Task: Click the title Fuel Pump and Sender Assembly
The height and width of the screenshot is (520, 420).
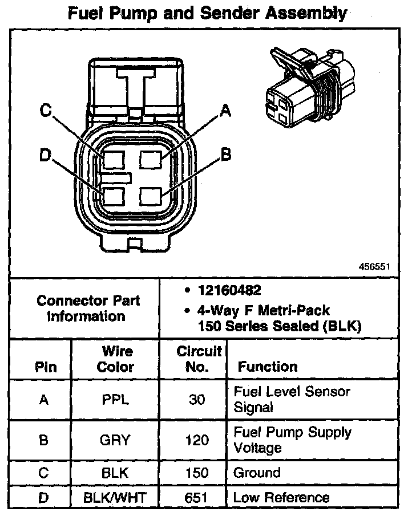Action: pos(207,14)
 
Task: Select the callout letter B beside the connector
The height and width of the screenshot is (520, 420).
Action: pos(226,155)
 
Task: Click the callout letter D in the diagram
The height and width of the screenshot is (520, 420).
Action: pos(46,155)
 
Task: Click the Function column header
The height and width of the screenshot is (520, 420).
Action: pos(267,367)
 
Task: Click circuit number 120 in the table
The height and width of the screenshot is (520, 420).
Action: pos(196,440)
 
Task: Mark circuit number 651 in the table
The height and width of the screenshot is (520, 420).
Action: pos(196,498)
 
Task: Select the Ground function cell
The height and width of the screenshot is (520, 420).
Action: pos(257,473)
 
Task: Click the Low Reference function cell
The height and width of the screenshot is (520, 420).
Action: pos(281,498)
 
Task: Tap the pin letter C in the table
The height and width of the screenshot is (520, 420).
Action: pos(43,473)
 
